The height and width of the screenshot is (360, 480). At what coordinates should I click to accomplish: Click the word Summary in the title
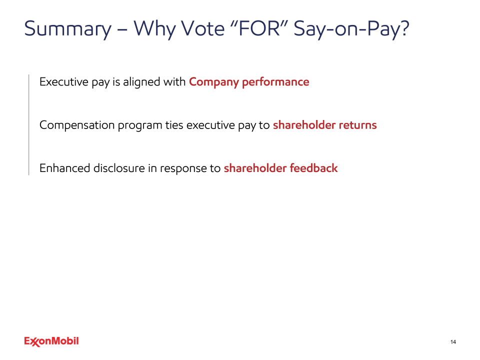click(x=68, y=29)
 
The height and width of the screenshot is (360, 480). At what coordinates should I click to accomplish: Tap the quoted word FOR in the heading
click(x=259, y=28)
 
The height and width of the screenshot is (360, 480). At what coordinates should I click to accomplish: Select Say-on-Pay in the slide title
click(x=351, y=29)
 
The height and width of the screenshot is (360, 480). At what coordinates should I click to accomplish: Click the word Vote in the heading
click(x=203, y=28)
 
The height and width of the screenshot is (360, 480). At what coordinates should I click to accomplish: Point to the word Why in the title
click(x=154, y=29)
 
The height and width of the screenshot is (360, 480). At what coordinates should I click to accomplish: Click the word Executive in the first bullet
click(x=64, y=81)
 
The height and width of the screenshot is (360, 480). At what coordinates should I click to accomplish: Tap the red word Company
click(x=213, y=82)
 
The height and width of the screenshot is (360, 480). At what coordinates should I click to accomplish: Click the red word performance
click(x=275, y=82)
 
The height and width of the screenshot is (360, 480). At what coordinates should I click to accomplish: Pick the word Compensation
click(x=77, y=125)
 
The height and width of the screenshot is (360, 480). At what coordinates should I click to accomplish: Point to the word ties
click(x=174, y=125)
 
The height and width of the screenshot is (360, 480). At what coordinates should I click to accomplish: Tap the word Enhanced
click(x=64, y=168)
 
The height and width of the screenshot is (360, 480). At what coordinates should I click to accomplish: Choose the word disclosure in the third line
click(x=119, y=168)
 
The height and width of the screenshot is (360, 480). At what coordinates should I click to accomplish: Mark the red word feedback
click(x=313, y=168)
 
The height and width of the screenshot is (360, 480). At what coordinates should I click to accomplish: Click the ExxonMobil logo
click(x=51, y=341)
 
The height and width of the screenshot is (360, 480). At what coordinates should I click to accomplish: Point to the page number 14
click(x=453, y=342)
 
